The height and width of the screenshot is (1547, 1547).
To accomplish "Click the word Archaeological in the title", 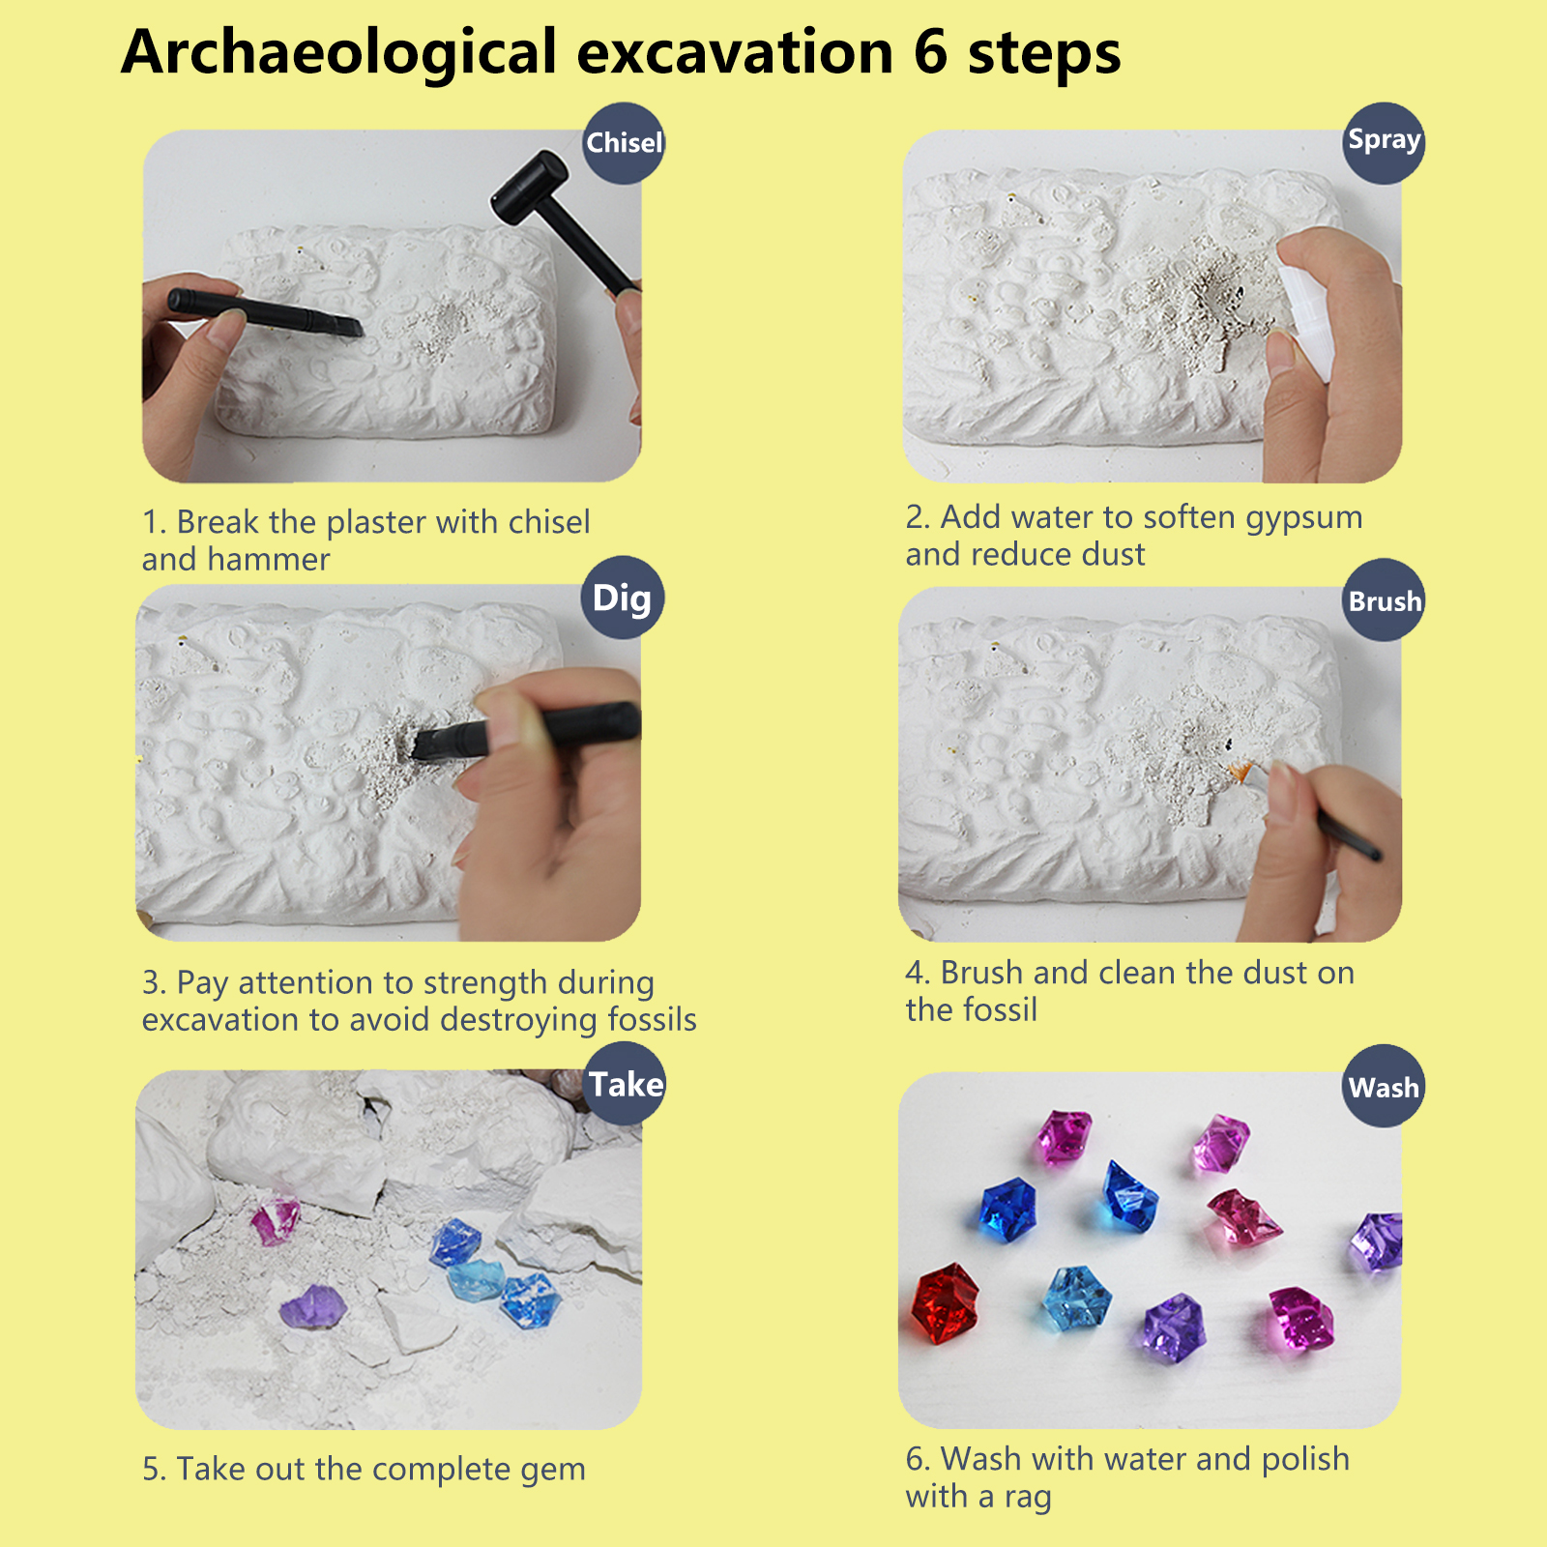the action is click(339, 53).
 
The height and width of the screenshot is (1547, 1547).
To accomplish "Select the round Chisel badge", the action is click(624, 143).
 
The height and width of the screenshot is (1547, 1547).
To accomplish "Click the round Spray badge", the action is click(1385, 143).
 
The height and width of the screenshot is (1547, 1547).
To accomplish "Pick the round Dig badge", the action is click(623, 597).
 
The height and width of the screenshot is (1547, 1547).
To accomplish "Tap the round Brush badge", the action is click(1385, 599).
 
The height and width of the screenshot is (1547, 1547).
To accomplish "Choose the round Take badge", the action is click(626, 1083).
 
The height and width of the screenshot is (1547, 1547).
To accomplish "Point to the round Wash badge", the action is click(1385, 1086).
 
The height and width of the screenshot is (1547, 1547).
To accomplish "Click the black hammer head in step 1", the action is click(529, 189).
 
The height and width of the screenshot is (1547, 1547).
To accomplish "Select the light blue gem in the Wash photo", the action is click(1076, 1299).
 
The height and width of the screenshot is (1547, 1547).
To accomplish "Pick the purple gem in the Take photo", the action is click(312, 1307).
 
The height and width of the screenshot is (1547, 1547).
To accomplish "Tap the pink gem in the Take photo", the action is click(276, 1220).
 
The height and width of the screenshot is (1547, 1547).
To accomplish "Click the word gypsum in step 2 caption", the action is click(1304, 519).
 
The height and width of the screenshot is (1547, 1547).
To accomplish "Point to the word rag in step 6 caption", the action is click(1027, 1499).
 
